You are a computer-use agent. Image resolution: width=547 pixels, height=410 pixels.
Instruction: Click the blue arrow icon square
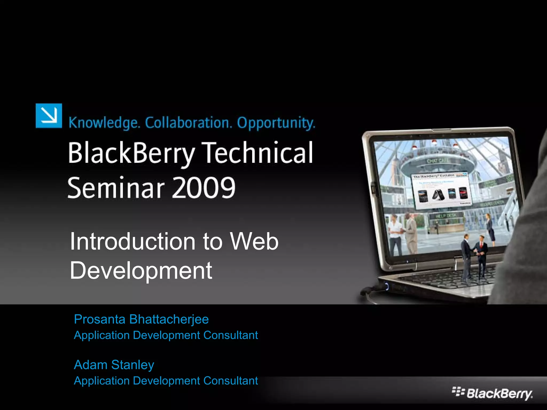pyautogui.click(x=49, y=116)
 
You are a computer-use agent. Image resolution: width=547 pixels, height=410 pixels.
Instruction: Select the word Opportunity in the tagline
pyautogui.click(x=276, y=123)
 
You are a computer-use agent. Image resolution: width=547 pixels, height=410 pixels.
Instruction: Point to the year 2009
pyautogui.click(x=204, y=188)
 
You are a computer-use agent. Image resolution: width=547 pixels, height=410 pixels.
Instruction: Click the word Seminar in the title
pyautogui.click(x=116, y=188)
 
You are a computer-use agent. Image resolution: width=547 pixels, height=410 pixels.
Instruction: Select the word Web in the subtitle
pyautogui.click(x=254, y=242)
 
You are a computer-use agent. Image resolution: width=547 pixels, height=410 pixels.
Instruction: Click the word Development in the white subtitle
pyautogui.click(x=141, y=270)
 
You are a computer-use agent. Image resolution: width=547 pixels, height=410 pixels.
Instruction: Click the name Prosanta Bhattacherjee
pyautogui.click(x=141, y=319)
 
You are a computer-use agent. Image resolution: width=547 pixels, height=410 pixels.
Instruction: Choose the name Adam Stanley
pyautogui.click(x=114, y=365)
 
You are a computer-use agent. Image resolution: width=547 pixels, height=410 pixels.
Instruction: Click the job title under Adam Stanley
pyautogui.click(x=166, y=381)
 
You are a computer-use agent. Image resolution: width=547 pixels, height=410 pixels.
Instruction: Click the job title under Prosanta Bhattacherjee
pyautogui.click(x=166, y=335)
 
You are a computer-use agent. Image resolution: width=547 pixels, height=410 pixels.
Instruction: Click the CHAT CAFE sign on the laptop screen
pyautogui.click(x=437, y=161)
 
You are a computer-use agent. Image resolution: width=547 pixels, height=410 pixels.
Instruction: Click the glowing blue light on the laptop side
pyautogui.click(x=386, y=287)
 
